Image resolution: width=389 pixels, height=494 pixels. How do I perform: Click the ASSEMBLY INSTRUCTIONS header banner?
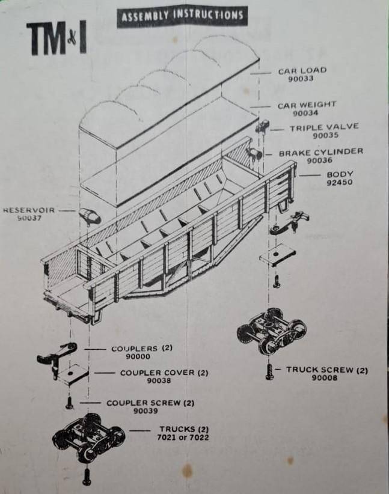click(x=182, y=16)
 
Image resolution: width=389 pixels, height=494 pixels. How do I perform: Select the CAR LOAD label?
click(x=302, y=70)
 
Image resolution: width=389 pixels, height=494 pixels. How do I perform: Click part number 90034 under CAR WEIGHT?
click(x=306, y=113)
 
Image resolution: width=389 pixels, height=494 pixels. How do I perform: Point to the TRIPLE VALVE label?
click(x=323, y=127)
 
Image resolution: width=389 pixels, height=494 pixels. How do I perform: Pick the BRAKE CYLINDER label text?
click(x=320, y=152)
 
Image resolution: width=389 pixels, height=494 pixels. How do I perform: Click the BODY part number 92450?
click(x=340, y=183)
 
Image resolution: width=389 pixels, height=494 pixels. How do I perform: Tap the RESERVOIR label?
click(x=29, y=210)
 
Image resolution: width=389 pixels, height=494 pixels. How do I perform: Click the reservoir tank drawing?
click(x=88, y=216)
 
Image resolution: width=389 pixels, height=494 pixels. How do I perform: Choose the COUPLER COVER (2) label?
click(x=164, y=373)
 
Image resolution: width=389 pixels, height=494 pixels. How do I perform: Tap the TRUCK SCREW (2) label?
click(x=326, y=370)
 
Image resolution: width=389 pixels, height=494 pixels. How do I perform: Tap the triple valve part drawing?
click(x=262, y=127)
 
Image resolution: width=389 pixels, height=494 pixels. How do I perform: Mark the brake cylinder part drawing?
click(x=255, y=154)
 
